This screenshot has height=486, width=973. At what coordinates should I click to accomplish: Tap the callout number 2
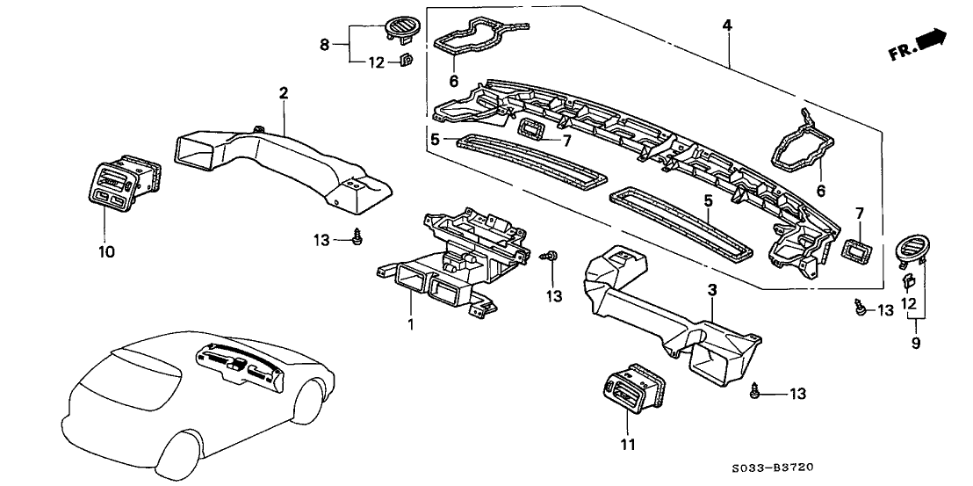(284, 92)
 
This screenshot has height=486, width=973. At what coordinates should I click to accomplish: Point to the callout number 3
(713, 289)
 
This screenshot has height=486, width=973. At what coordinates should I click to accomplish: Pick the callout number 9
(916, 344)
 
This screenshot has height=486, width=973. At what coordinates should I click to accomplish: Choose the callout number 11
(625, 445)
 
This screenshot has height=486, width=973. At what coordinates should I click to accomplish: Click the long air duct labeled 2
(281, 163)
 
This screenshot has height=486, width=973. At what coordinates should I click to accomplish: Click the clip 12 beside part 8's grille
(407, 61)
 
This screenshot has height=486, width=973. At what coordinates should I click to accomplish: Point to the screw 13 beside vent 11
(755, 392)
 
